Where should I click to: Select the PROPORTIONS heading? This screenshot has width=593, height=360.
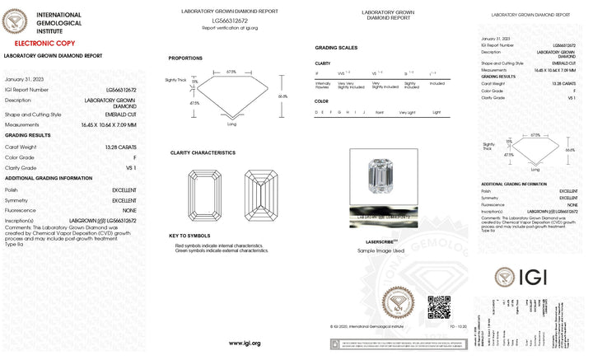(185, 58)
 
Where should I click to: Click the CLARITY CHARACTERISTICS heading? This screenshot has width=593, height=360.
(203, 152)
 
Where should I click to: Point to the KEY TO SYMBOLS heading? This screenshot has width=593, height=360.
(189, 236)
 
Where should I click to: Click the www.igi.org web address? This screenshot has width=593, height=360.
(245, 344)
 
